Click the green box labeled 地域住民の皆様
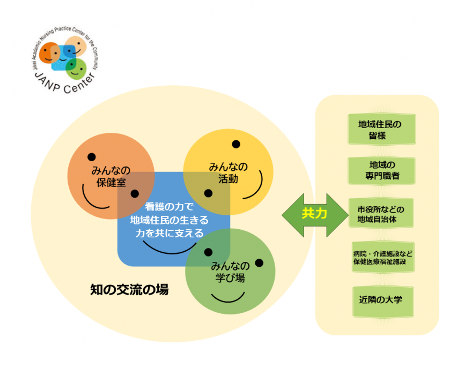[x=381, y=129]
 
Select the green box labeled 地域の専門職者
[x=381, y=170]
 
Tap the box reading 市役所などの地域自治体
[x=381, y=213]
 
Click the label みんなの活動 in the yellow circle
[x=227, y=173]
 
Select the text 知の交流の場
[x=129, y=290]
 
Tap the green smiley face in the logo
[x=76, y=67]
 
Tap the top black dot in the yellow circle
[x=235, y=144]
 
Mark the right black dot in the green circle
[x=259, y=262]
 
